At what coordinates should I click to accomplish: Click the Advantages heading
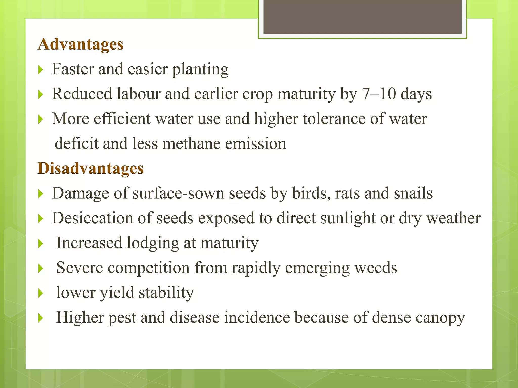(80, 44)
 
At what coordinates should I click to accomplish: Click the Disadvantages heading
(91, 168)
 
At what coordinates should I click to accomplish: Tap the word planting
(200, 69)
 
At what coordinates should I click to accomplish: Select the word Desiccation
(92, 218)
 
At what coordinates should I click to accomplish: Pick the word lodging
(153, 243)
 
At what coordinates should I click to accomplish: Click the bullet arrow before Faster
(41, 69)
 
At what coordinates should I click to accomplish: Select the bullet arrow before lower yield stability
(41, 293)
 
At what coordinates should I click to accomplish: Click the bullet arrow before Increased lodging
(41, 244)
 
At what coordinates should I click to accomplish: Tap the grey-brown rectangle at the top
(362, 17)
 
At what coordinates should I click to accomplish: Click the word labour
(139, 94)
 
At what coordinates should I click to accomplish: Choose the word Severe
(80, 268)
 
